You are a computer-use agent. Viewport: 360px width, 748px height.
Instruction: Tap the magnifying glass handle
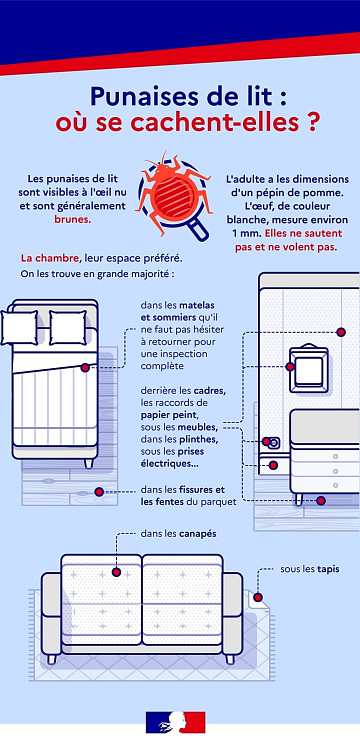tap(198, 229)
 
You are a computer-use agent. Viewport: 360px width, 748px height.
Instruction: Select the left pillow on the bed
tap(20, 327)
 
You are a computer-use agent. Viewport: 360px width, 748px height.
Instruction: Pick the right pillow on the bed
tap(68, 327)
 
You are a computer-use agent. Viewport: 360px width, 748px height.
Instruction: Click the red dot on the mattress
tap(85, 367)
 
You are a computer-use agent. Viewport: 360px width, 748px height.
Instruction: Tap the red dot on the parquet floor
tap(99, 492)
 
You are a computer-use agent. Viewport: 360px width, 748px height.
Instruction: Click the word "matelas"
tap(197, 305)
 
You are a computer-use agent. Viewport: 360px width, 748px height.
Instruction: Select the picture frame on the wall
tap(309, 369)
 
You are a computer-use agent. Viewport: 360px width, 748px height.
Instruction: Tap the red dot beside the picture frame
tap(290, 366)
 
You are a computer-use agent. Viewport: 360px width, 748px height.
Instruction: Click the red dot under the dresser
tap(321, 500)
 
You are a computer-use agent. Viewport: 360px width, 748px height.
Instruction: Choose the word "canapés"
tap(198, 534)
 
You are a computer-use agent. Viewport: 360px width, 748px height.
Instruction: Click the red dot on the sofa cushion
tap(116, 572)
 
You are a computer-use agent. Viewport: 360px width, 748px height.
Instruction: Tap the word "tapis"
tap(328, 569)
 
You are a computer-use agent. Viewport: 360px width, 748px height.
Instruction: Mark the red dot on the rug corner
tap(258, 597)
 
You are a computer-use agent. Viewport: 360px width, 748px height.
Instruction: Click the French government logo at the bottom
tap(175, 722)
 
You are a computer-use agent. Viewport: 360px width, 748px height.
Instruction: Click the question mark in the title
tap(310, 122)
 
